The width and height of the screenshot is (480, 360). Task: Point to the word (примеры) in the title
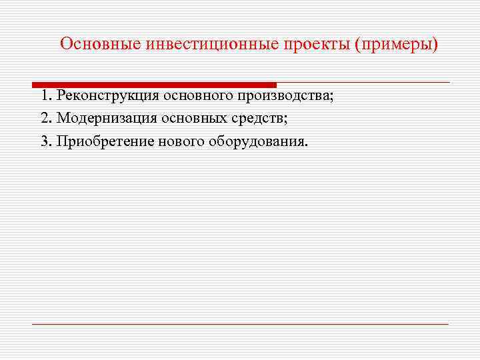click(397, 44)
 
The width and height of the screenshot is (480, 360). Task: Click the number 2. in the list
click(46, 119)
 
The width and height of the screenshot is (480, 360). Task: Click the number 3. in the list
click(46, 141)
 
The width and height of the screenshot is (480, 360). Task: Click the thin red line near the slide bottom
click(240, 324)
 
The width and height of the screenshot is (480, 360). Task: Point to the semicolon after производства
click(330, 97)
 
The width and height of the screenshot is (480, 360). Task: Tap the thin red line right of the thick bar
click(363, 82)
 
